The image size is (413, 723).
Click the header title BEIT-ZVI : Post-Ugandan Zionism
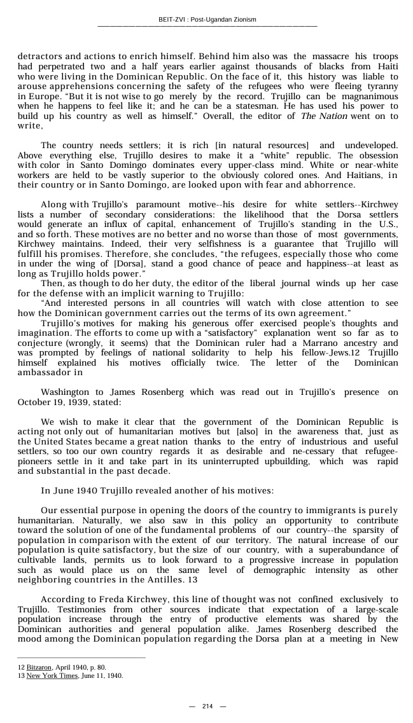[207, 20]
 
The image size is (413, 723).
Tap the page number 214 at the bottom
[207, 706]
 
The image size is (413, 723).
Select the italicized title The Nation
[324, 116]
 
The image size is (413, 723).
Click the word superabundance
[359, 550]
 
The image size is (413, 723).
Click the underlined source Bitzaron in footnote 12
[39, 667]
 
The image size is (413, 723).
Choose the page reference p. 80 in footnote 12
[97, 667]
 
